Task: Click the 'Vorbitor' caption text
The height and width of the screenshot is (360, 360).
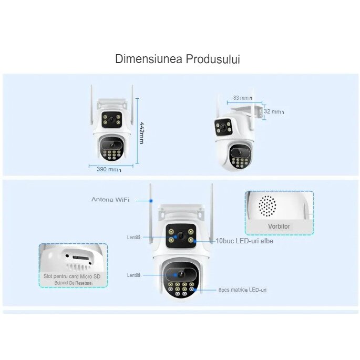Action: pos(279,226)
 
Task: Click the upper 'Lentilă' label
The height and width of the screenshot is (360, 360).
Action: pos(133,238)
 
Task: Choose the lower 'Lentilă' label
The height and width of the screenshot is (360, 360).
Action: pos(133,275)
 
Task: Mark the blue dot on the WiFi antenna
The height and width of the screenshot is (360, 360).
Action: pos(151,200)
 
